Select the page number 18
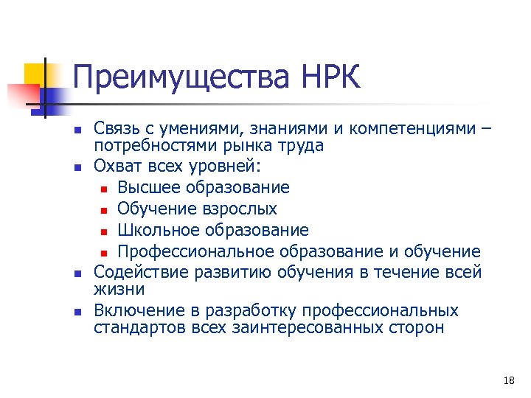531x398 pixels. [x=508, y=380]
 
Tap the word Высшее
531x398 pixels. [x=147, y=188]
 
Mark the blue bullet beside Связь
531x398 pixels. [x=77, y=131]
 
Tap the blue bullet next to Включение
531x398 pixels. [x=77, y=312]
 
